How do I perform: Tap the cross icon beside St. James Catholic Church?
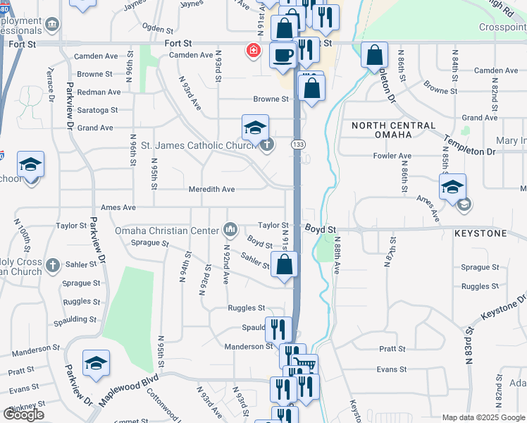tap(266, 146)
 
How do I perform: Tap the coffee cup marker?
tap(283, 55)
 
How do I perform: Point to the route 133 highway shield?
tap(299, 145)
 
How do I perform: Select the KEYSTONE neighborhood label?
tap(480, 232)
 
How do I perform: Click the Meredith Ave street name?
tap(211, 190)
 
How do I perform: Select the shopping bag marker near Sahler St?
tap(284, 265)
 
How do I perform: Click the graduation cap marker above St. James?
tap(255, 128)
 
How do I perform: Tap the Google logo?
tap(23, 414)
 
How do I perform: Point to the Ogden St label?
tap(157, 30)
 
